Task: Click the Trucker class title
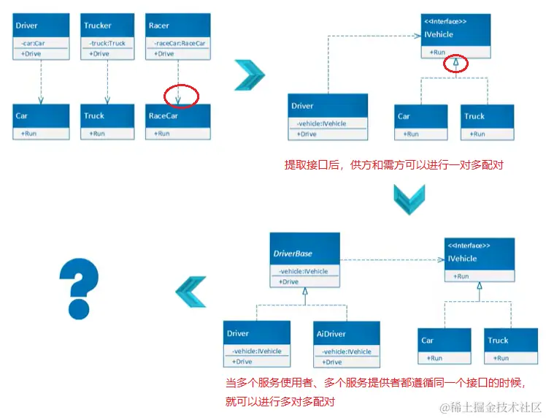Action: click(x=98, y=26)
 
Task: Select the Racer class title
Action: click(x=158, y=26)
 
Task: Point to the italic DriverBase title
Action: click(x=293, y=254)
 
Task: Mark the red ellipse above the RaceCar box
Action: click(x=181, y=96)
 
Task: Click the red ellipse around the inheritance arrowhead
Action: click(x=455, y=64)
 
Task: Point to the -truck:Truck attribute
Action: click(x=108, y=44)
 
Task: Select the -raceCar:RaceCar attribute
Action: click(x=179, y=44)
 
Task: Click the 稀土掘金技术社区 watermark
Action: click(x=489, y=407)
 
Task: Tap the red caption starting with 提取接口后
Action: click(x=393, y=165)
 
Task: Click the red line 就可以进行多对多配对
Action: click(x=281, y=402)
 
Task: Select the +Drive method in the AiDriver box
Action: click(x=333, y=362)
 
